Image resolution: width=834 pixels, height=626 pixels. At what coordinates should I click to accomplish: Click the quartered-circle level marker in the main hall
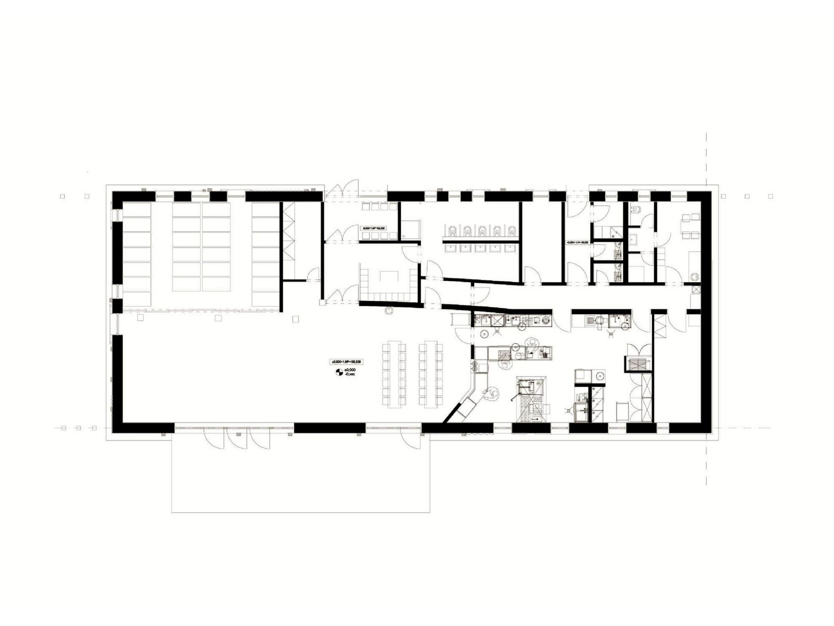(339, 372)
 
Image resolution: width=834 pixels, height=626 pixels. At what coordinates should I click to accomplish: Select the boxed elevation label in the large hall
(347, 362)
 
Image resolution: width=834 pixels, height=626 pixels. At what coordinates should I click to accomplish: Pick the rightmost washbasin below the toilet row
(510, 248)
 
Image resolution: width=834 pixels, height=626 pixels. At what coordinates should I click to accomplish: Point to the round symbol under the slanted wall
(389, 310)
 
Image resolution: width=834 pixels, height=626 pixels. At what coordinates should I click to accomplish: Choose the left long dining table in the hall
(393, 374)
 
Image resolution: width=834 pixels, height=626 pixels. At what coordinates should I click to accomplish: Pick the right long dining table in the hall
(431, 374)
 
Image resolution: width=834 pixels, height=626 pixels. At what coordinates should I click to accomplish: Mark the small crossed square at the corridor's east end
(696, 290)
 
